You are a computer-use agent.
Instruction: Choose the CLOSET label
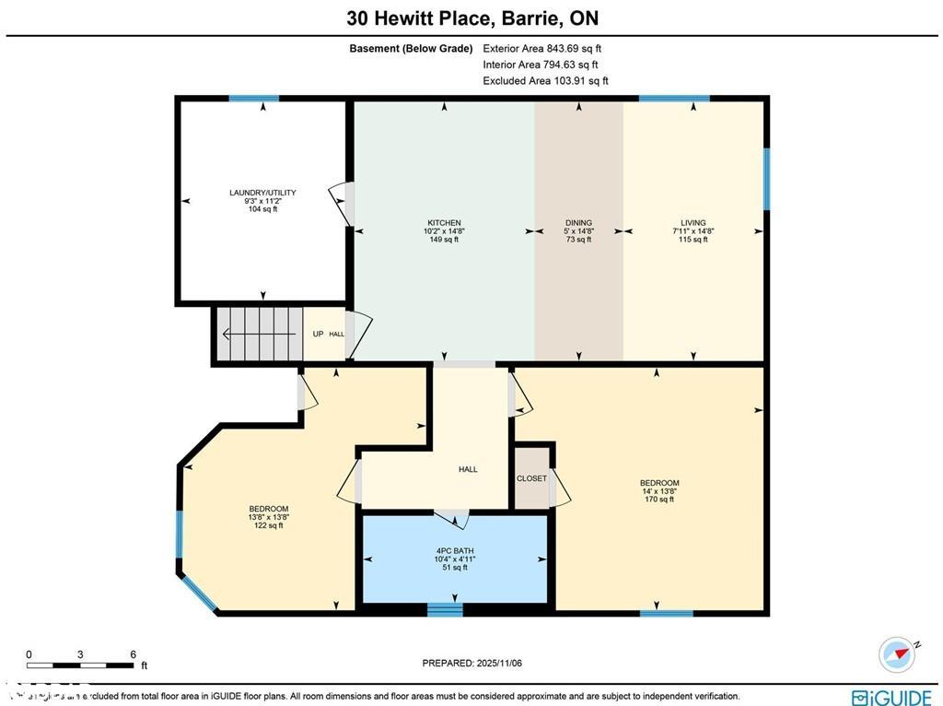click(x=531, y=478)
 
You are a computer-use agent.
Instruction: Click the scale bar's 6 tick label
click(x=133, y=654)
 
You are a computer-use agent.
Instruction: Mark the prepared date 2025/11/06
click(x=471, y=663)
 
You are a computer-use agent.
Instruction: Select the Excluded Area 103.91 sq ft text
click(x=545, y=81)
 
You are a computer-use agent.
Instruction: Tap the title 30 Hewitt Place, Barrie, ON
click(x=471, y=18)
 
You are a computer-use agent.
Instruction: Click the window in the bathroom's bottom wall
click(x=445, y=608)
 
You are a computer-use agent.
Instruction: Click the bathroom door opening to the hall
click(x=452, y=516)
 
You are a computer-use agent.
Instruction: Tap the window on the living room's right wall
click(x=766, y=178)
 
